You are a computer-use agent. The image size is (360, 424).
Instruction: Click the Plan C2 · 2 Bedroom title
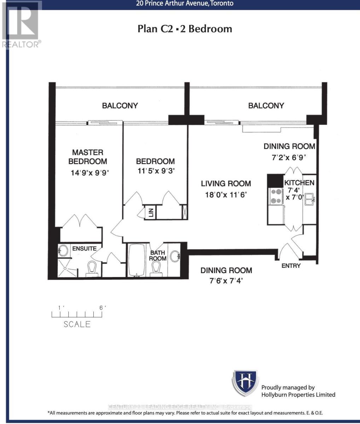tap(185, 29)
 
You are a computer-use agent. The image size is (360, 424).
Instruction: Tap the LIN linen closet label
tap(151, 213)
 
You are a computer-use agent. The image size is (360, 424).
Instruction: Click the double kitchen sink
tap(310, 199)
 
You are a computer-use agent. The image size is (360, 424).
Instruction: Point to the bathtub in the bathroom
tap(137, 260)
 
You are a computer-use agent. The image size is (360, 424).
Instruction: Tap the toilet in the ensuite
tap(92, 269)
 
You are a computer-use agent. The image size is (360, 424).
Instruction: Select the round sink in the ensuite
tap(63, 250)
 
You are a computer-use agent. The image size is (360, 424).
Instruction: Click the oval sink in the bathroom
tap(175, 256)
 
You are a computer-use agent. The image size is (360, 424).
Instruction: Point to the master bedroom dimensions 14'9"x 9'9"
tap(90, 173)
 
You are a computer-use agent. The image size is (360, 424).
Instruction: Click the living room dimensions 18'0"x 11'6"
tap(226, 194)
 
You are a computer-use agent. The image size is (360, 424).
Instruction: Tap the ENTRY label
tap(291, 266)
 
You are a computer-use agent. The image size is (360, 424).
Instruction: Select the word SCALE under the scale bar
tap(77, 324)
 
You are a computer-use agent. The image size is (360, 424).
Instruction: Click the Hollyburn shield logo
tap(245, 383)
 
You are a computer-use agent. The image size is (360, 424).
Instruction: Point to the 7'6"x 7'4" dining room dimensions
tap(226, 281)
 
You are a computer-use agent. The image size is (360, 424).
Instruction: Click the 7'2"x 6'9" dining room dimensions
tap(289, 158)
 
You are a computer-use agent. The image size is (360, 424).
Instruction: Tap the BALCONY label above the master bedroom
tap(120, 106)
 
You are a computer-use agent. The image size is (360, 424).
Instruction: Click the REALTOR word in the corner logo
tap(20, 45)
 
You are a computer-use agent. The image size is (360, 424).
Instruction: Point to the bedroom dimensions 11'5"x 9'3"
tap(156, 171)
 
